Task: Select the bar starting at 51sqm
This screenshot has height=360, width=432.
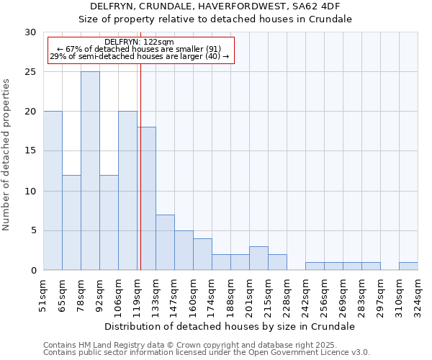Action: [x=53, y=191]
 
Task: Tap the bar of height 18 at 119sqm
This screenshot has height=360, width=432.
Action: [x=146, y=199]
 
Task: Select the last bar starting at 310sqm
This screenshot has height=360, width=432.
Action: [x=408, y=266]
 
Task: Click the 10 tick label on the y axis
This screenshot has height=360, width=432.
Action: [x=32, y=191]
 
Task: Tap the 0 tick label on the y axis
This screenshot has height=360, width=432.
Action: [x=35, y=271]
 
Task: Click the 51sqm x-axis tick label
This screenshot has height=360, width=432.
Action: [x=44, y=293]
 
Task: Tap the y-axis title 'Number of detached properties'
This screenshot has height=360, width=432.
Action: [x=6, y=155]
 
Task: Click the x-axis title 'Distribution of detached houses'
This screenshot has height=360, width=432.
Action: [x=230, y=326]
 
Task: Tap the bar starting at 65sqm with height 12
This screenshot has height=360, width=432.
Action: [x=71, y=222]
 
